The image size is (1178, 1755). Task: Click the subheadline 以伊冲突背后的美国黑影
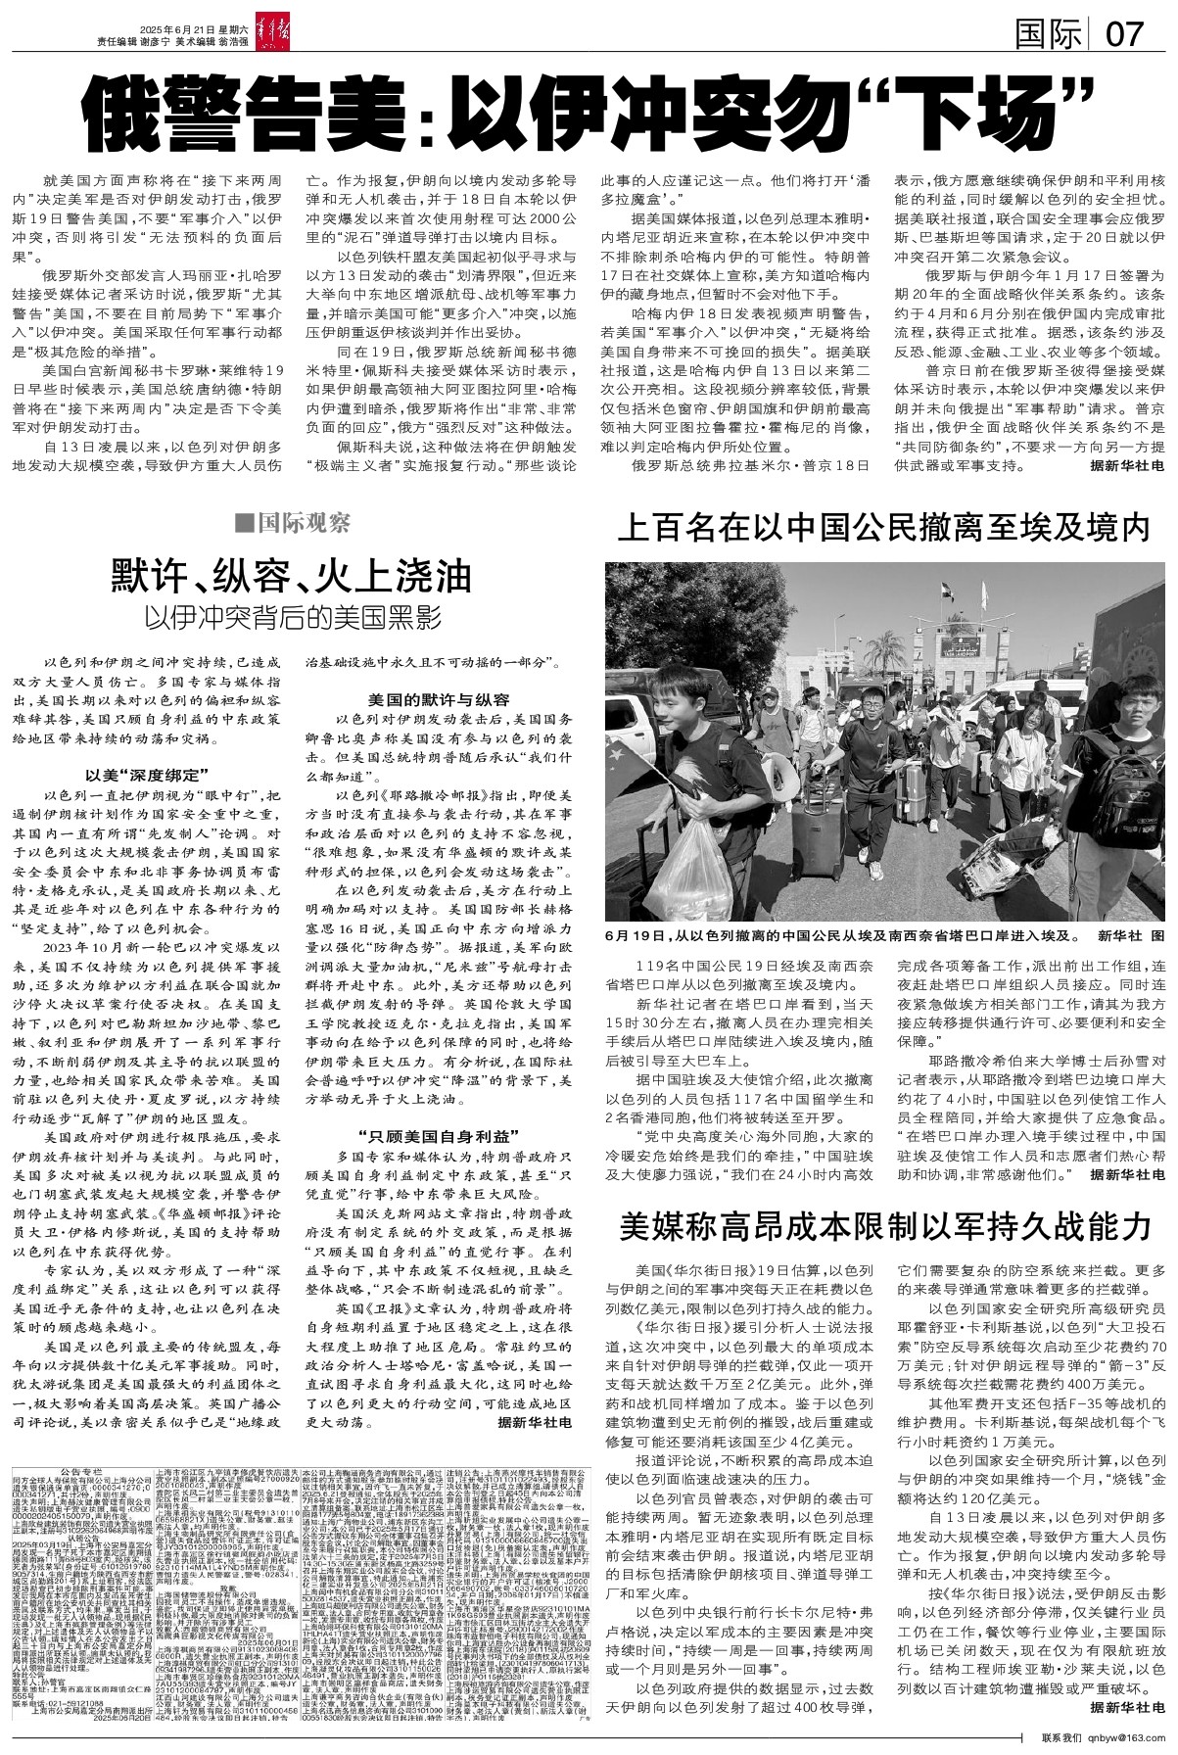(292, 618)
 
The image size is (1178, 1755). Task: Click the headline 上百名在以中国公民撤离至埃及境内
(882, 531)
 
